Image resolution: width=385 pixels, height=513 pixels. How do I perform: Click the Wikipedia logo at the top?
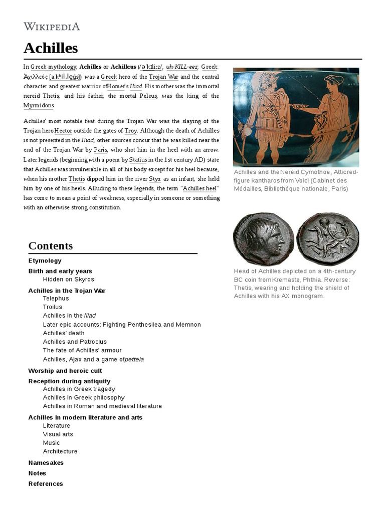click(x=52, y=27)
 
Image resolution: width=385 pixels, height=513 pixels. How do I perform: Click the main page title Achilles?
click(x=51, y=48)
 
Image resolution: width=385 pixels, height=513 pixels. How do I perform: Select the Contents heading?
click(x=51, y=245)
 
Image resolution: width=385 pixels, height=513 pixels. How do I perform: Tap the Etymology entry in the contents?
click(x=45, y=261)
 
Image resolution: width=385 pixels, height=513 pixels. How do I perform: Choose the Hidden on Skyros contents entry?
click(x=68, y=279)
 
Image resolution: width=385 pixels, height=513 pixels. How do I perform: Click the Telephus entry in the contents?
click(x=56, y=298)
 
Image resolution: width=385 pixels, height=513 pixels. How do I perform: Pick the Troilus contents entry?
click(x=53, y=307)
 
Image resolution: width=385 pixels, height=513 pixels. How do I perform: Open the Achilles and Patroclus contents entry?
click(x=75, y=342)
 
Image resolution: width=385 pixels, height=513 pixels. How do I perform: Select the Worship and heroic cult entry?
click(x=65, y=371)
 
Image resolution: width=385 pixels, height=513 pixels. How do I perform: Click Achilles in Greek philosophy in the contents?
click(x=84, y=397)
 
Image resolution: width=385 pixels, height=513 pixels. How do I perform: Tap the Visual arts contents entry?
click(x=58, y=434)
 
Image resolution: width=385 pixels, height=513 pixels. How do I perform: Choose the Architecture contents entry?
click(x=60, y=451)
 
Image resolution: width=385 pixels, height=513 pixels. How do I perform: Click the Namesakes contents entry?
click(x=46, y=463)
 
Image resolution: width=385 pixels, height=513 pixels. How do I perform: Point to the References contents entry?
click(x=46, y=483)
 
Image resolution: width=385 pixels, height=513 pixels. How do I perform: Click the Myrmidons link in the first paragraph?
click(x=39, y=105)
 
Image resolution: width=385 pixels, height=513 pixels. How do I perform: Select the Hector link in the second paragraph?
click(x=63, y=130)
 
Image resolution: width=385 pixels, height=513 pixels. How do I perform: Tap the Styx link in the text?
click(x=154, y=179)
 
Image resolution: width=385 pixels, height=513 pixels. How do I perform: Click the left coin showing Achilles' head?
click(x=263, y=238)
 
